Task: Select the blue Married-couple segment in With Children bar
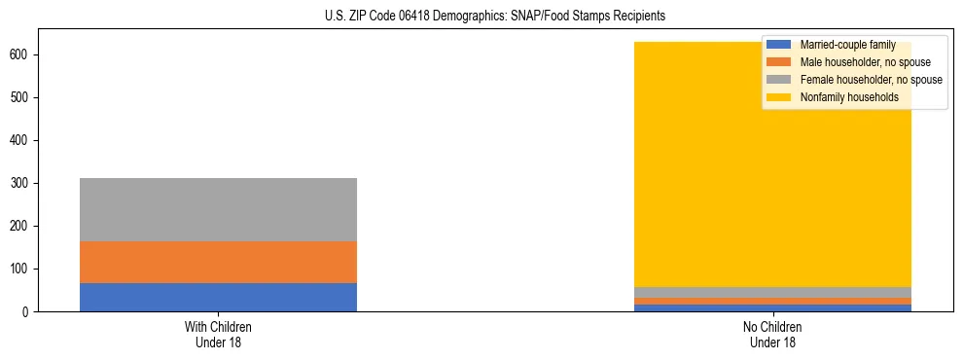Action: (218, 297)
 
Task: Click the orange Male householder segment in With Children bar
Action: (218, 262)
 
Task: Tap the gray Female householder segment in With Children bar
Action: (218, 209)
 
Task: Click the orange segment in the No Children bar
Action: (772, 301)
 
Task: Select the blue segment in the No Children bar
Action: (772, 307)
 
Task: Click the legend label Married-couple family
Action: (847, 45)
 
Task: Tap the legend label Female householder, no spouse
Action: (871, 80)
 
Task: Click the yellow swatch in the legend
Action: (779, 97)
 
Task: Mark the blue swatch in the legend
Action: (779, 45)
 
